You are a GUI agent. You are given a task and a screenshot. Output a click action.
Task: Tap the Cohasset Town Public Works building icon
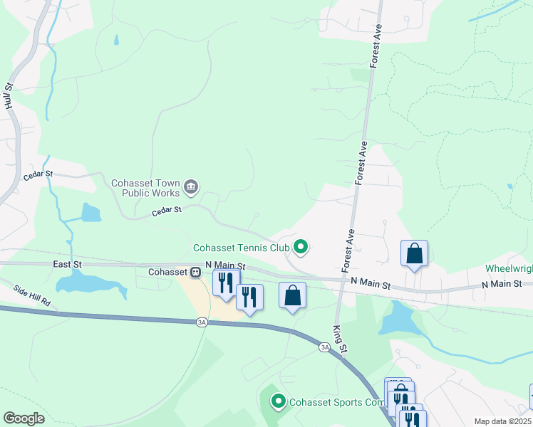tap(190, 187)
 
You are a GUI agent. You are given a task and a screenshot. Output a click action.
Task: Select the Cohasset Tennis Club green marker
tap(301, 248)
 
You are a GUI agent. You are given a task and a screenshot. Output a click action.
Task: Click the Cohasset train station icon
tap(195, 272)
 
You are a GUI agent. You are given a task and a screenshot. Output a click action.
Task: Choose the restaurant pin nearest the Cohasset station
tap(226, 283)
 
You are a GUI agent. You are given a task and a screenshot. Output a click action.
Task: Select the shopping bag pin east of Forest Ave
tap(414, 254)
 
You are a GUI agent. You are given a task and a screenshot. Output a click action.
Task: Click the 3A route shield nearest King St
tap(325, 347)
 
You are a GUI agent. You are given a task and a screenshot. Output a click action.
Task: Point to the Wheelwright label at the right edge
tap(508, 269)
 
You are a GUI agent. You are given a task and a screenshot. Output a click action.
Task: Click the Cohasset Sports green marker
tap(278, 402)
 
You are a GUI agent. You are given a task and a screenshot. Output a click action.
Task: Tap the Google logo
tap(24, 418)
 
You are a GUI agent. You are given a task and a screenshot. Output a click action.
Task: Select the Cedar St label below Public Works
tap(167, 211)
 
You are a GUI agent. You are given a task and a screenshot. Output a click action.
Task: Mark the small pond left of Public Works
tap(90, 212)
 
